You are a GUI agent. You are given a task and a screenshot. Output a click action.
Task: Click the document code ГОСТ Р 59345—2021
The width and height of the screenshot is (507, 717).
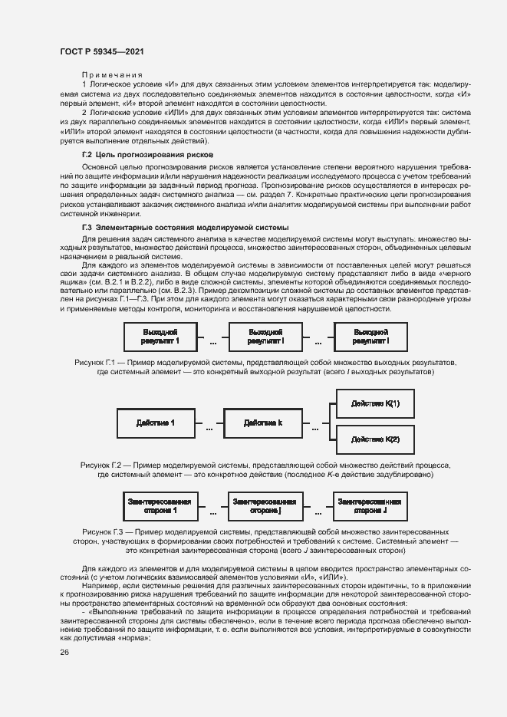point(102,51)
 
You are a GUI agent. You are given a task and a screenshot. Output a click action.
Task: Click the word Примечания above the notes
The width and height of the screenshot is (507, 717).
point(107,74)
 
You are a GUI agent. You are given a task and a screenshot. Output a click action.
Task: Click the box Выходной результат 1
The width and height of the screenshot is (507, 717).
point(160,335)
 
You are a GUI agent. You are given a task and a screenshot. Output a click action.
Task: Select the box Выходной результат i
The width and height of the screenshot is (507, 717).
point(266,335)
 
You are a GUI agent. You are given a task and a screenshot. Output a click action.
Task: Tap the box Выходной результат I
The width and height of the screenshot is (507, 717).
point(370,335)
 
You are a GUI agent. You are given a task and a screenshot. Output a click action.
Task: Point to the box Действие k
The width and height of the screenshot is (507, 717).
point(263,423)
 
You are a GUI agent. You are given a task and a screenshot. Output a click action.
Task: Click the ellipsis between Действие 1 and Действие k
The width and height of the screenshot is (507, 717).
point(209,427)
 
